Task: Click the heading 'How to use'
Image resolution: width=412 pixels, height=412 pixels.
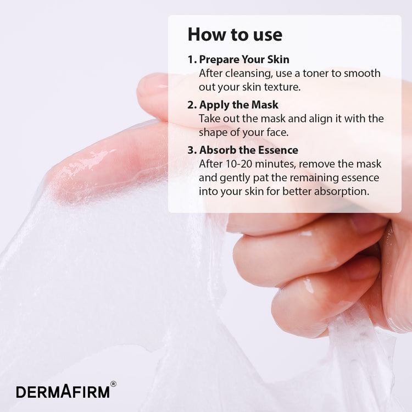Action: click(x=235, y=35)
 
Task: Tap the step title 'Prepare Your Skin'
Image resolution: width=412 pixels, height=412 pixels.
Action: click(x=244, y=60)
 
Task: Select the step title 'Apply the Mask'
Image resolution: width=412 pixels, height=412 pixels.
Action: click(x=238, y=105)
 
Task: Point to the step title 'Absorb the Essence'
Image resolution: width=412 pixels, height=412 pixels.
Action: click(x=248, y=150)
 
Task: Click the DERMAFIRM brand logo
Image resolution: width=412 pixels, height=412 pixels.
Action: click(x=63, y=392)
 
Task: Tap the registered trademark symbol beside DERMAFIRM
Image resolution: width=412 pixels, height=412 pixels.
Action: click(x=113, y=384)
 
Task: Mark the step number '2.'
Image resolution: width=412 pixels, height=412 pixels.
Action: click(x=192, y=105)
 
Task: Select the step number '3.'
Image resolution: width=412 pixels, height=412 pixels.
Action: click(x=192, y=150)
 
